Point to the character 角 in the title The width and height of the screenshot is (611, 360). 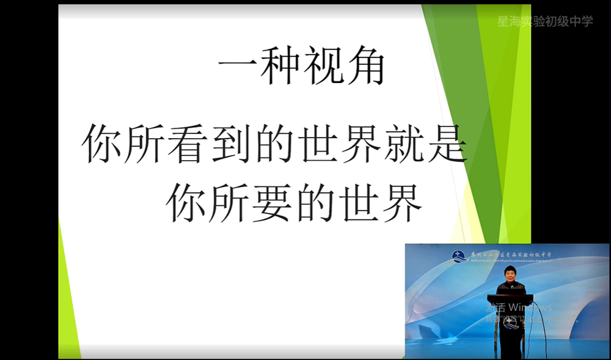coord(365,66)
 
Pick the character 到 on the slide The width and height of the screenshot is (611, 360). coord(231,144)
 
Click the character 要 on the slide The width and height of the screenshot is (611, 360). coord(273,204)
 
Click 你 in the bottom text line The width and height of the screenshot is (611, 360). coord(186,204)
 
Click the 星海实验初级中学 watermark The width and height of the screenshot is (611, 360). coord(545,21)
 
